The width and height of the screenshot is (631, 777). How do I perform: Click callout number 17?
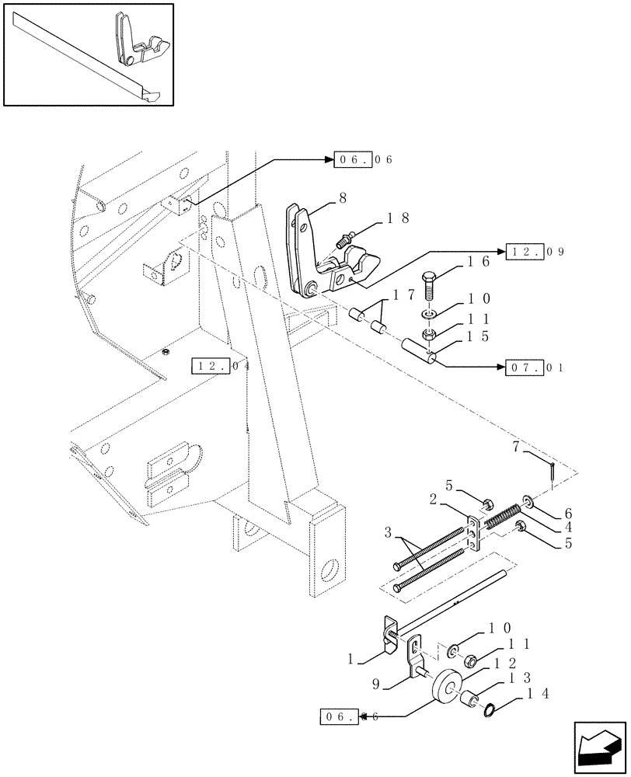click(403, 294)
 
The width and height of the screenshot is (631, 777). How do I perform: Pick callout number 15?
click(477, 336)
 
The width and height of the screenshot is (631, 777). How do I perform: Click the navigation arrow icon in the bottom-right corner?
click(599, 748)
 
